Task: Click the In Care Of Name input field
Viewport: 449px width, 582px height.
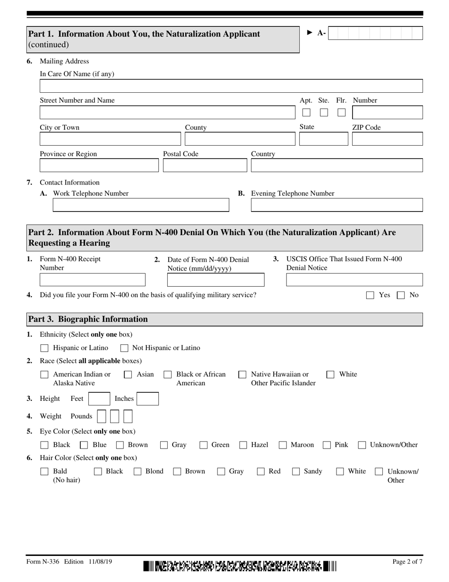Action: (x=231, y=86)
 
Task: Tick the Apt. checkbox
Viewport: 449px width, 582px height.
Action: (x=306, y=113)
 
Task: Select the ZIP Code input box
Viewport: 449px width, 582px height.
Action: (x=387, y=139)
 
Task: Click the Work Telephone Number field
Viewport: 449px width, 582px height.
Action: (x=140, y=205)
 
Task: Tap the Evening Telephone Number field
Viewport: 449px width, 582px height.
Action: (x=337, y=205)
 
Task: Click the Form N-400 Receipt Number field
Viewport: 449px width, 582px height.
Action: (x=93, y=280)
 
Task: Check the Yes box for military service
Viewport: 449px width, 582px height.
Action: (x=371, y=295)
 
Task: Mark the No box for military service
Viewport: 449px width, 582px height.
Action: (x=401, y=295)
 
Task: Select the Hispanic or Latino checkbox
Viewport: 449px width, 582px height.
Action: (x=44, y=348)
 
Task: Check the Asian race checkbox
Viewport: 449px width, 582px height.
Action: (x=128, y=375)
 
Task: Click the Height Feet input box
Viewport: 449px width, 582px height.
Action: (x=99, y=399)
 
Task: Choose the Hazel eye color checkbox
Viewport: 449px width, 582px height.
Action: (x=243, y=445)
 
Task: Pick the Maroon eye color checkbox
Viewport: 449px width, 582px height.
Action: (x=283, y=445)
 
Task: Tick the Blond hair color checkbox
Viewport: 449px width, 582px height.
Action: (x=138, y=471)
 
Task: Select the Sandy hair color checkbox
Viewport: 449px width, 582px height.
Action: (x=296, y=471)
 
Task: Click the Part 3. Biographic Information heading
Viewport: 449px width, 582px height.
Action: (x=88, y=319)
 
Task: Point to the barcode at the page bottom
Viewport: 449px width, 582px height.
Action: (x=240, y=565)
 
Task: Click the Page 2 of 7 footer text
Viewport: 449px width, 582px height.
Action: (x=407, y=562)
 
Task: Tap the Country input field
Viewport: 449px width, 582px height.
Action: (x=337, y=166)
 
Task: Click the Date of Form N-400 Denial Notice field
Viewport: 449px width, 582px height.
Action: (x=216, y=280)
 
